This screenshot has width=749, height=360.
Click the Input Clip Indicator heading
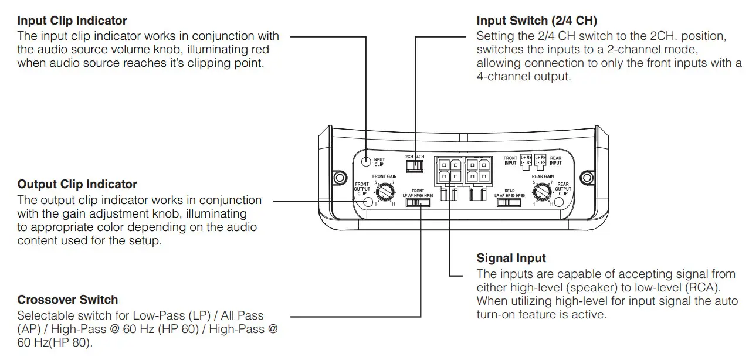tap(72, 22)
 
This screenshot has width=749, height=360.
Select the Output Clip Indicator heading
tap(77, 185)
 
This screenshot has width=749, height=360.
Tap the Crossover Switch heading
tap(67, 300)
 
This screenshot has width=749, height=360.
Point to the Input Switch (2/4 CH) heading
tap(537, 22)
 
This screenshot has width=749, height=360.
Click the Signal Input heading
tap(511, 258)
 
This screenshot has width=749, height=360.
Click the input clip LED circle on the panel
tap(366, 161)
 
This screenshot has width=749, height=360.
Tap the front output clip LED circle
tap(368, 202)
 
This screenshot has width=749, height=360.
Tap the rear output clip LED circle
tap(559, 202)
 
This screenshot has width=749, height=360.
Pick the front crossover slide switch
tap(418, 203)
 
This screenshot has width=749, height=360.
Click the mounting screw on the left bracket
tap(338, 178)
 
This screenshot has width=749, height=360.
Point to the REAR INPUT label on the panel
tap(555, 160)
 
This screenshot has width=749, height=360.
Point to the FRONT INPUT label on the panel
tap(510, 160)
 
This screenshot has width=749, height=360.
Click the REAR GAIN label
tap(543, 176)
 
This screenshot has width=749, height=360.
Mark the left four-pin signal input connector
tap(448, 170)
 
